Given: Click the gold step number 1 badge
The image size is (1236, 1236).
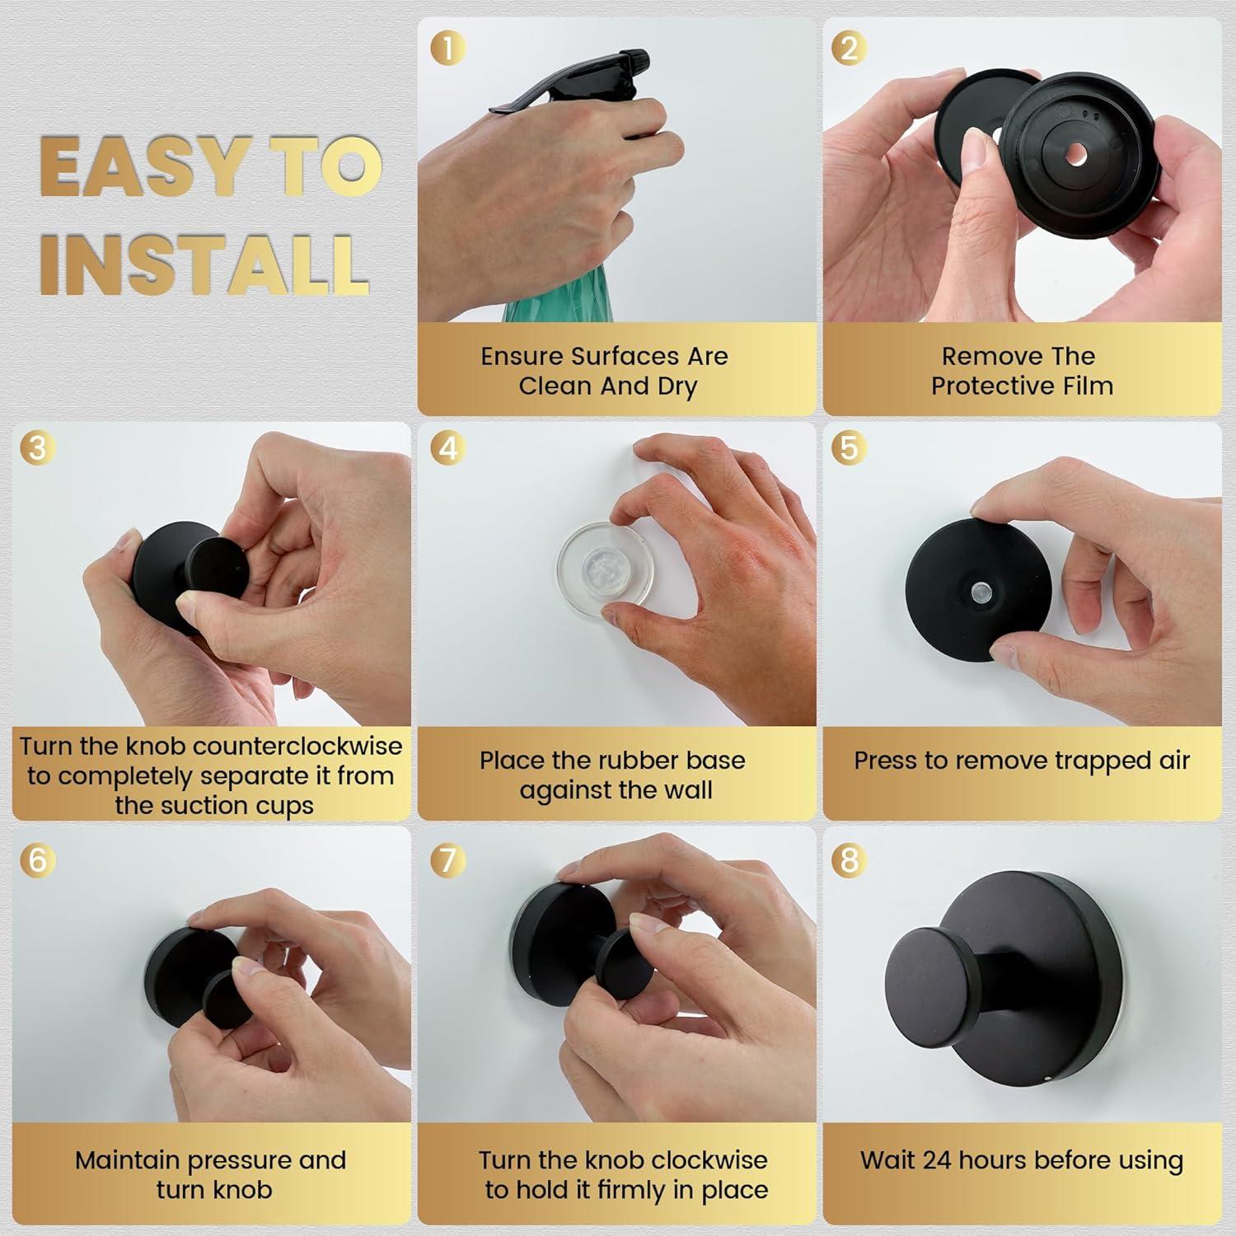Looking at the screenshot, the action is coord(448,48).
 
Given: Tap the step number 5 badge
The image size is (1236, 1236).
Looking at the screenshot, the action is coord(849,448).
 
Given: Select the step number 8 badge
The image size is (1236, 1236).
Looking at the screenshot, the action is coord(849,860).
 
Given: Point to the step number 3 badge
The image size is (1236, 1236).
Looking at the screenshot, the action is coord(37,448).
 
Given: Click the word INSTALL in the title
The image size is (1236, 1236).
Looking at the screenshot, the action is coord(204,264).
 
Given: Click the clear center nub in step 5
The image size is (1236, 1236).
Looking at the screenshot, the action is coord(979,592).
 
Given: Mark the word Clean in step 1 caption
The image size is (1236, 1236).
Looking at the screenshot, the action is coord(550,386).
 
